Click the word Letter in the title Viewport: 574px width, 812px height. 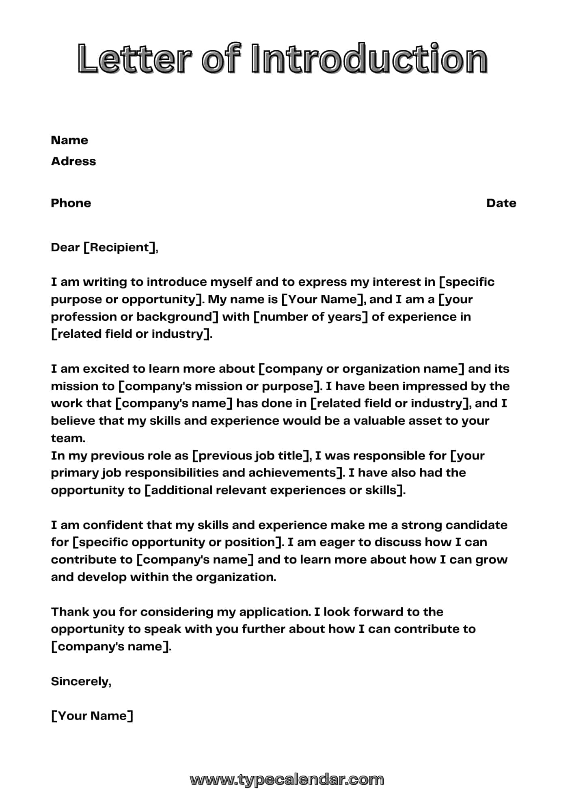click(134, 59)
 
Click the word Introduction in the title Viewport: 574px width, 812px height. click(369, 59)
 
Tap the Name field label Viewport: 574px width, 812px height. click(69, 140)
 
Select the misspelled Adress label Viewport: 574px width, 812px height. click(73, 161)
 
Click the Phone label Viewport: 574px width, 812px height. click(71, 203)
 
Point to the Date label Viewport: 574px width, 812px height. click(501, 203)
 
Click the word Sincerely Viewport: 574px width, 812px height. click(81, 681)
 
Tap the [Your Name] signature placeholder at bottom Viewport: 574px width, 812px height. click(92, 716)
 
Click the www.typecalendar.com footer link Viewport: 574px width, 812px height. click(287, 779)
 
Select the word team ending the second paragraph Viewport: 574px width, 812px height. click(68, 438)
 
